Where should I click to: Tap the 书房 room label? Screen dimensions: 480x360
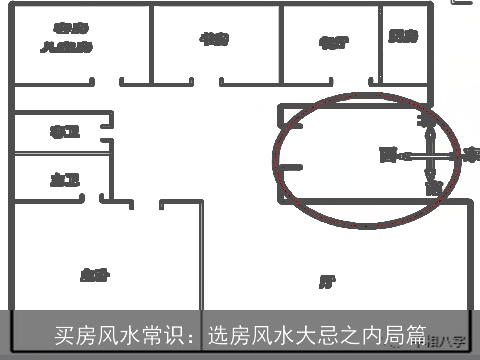pyautogui.click(x=215, y=38)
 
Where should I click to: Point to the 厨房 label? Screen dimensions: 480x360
pyautogui.click(x=403, y=37)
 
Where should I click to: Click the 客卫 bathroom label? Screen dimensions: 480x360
pyautogui.click(x=65, y=132)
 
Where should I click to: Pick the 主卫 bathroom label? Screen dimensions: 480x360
pyautogui.click(x=65, y=179)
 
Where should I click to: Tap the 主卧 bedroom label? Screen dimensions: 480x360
pyautogui.click(x=94, y=274)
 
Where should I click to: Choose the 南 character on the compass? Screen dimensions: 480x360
pyautogui.click(x=432, y=187)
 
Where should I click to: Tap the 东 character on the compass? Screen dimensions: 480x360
pyautogui.click(x=471, y=155)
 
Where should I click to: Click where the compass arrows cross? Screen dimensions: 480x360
pyautogui.click(x=429, y=154)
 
